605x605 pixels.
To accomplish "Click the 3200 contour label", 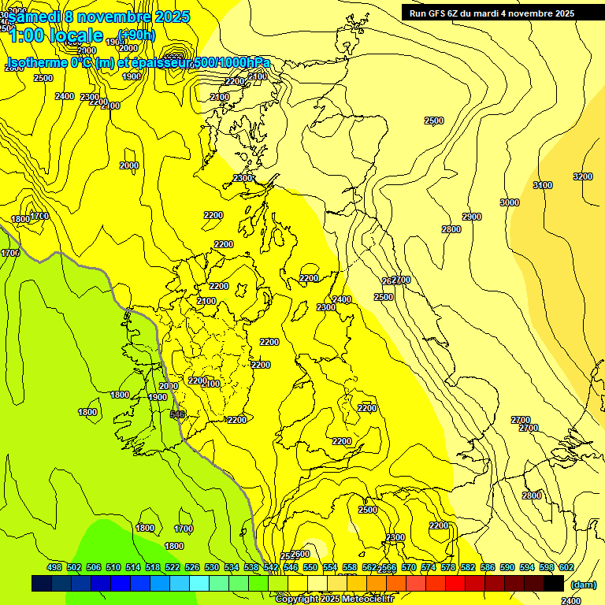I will [583, 176].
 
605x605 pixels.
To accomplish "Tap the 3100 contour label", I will [543, 185].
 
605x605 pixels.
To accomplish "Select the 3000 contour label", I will [510, 202].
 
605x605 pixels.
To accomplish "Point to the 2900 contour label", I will [472, 217].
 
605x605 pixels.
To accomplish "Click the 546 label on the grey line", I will [177, 414].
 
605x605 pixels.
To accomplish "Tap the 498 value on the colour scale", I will [54, 568].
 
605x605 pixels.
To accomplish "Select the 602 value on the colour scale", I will [566, 568].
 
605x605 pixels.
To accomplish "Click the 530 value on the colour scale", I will [212, 568].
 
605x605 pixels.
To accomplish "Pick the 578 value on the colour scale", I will [448, 568].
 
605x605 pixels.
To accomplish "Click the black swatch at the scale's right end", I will [554, 583].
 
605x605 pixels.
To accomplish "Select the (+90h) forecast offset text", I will [136, 35].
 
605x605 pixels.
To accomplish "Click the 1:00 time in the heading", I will [27, 35].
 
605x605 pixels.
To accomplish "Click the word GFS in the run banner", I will [438, 13].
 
